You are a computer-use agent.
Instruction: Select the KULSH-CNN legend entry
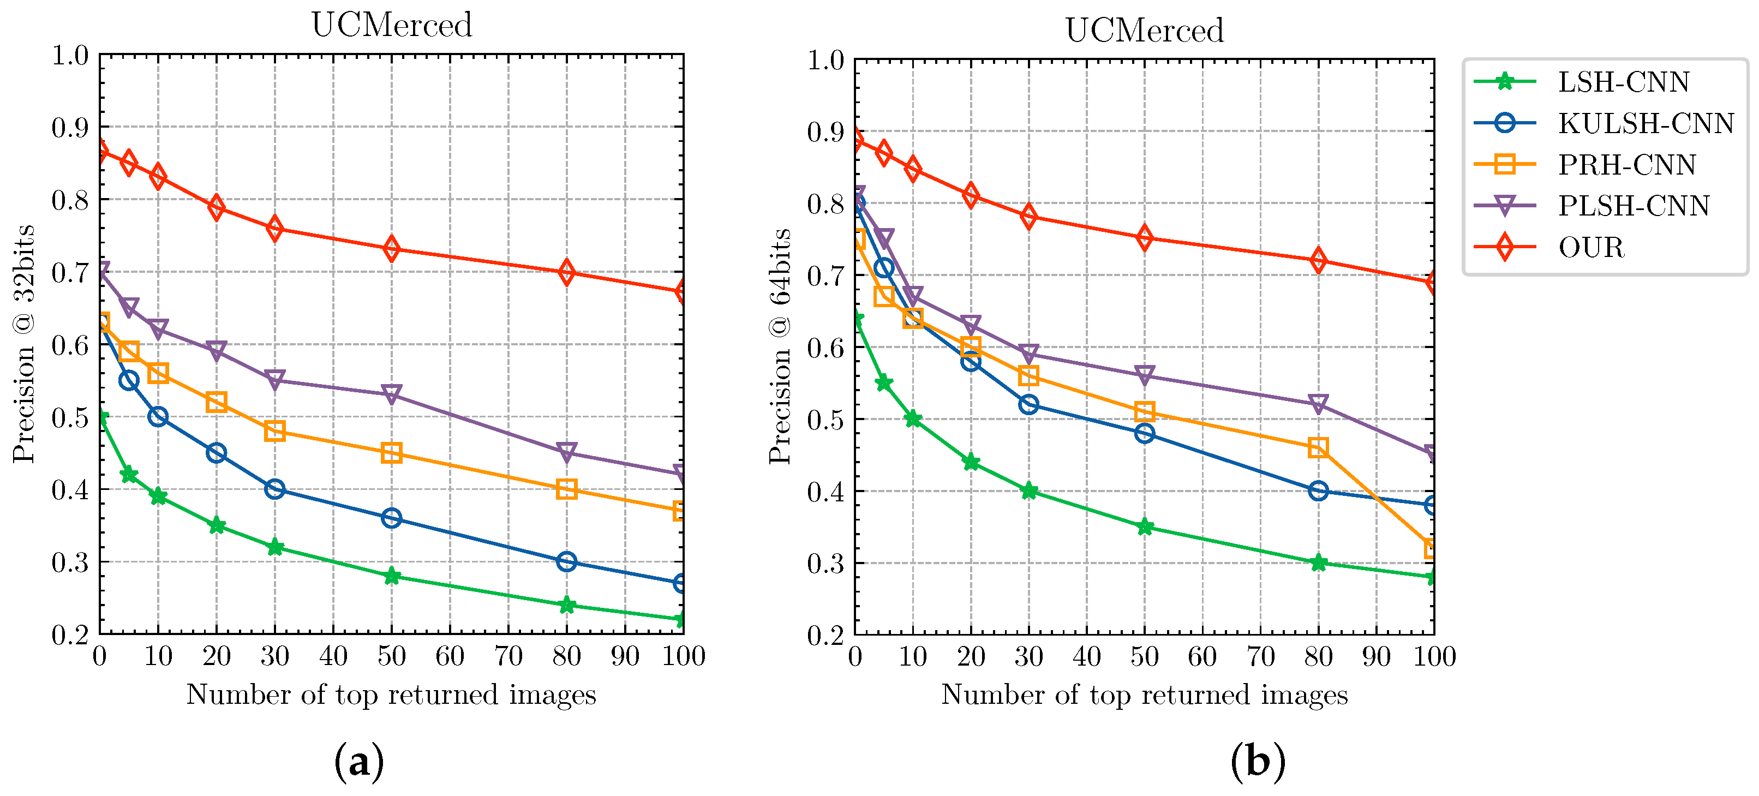pyautogui.click(x=1645, y=123)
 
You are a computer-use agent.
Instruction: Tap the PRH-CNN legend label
pyautogui.click(x=1626, y=165)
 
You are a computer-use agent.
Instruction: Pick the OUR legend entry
pyautogui.click(x=1590, y=247)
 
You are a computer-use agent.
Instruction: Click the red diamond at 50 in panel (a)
pyautogui.click(x=391, y=248)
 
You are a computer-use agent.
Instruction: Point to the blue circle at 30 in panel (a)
pyautogui.click(x=274, y=489)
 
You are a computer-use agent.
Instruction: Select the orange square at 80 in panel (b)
pyautogui.click(x=1318, y=448)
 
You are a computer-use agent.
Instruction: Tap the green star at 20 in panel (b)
pyautogui.click(x=970, y=462)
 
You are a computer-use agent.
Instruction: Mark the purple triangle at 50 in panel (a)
pyautogui.click(x=391, y=394)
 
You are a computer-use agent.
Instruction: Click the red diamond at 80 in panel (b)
pyautogui.click(x=1318, y=260)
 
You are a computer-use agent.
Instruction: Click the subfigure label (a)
pyautogui.click(x=358, y=761)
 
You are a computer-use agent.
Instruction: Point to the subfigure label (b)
pyautogui.click(x=1258, y=761)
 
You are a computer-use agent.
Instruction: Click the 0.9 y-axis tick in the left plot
pyautogui.click(x=70, y=127)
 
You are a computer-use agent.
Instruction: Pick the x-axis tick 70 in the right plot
pyautogui.click(x=1260, y=657)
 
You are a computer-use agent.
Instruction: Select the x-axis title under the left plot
pyautogui.click(x=391, y=695)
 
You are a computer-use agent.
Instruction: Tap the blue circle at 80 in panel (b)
pyautogui.click(x=1318, y=491)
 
